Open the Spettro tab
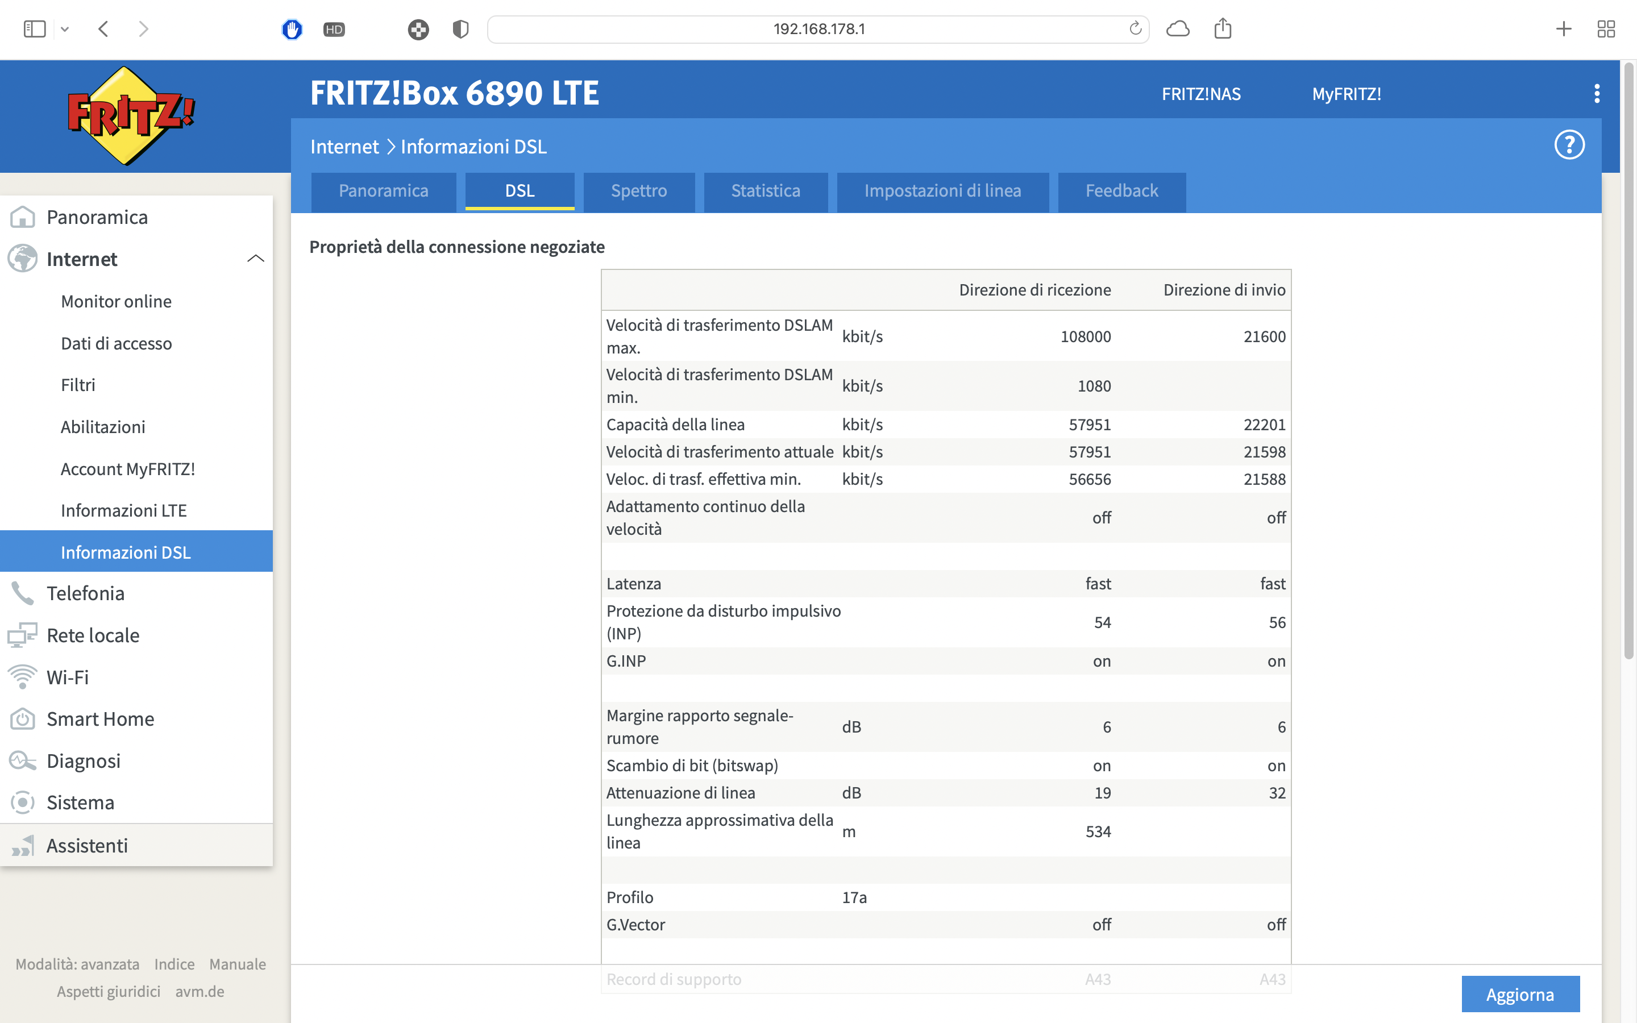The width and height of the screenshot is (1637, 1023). coord(638,192)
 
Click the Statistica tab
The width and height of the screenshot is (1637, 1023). coord(765,192)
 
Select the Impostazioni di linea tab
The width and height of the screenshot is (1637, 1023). coord(942,192)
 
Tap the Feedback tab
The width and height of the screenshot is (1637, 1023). coord(1121,192)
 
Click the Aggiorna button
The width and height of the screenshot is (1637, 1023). coord(1520,994)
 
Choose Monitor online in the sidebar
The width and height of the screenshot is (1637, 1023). coord(117,302)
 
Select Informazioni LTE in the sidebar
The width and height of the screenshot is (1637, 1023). coord(124,511)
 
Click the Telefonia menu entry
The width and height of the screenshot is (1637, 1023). coord(85,593)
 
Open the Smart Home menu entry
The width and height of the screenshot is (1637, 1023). coord(100,719)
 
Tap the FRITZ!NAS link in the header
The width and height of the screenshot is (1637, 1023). coord(1200,94)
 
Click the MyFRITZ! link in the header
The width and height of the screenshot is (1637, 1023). coord(1346,94)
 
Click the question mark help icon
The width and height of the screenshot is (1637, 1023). coord(1569,145)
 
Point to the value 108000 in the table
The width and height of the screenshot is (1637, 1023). coord(1085,337)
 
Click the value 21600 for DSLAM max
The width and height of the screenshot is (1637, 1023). coord(1264,337)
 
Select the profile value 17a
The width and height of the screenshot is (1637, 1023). coord(854,898)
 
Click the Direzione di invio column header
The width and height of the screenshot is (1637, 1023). coord(1224,290)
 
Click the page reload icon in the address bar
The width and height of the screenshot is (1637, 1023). coord(1135,28)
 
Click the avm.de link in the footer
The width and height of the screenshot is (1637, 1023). coord(200,992)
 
